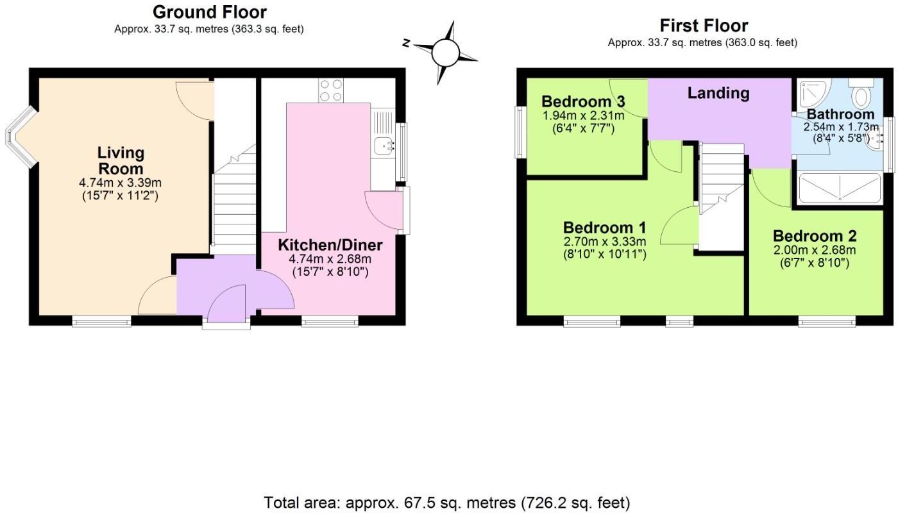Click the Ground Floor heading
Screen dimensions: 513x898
click(x=209, y=12)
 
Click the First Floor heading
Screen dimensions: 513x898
click(x=704, y=26)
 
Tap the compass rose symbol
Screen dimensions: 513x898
click(x=445, y=53)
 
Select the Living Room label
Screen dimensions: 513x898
click(x=121, y=160)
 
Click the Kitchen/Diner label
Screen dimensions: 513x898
click(x=330, y=245)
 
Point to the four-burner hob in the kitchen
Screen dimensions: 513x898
click(x=331, y=90)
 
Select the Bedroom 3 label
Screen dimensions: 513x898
click(x=583, y=101)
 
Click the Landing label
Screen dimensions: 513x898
click(x=718, y=93)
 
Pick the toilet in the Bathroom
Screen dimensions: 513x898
click(x=861, y=95)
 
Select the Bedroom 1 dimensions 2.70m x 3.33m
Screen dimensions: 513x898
click(x=604, y=242)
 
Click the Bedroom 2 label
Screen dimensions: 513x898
click(x=814, y=236)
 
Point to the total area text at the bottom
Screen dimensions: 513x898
click(x=447, y=502)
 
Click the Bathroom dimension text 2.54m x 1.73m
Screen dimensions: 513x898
click(x=841, y=127)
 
